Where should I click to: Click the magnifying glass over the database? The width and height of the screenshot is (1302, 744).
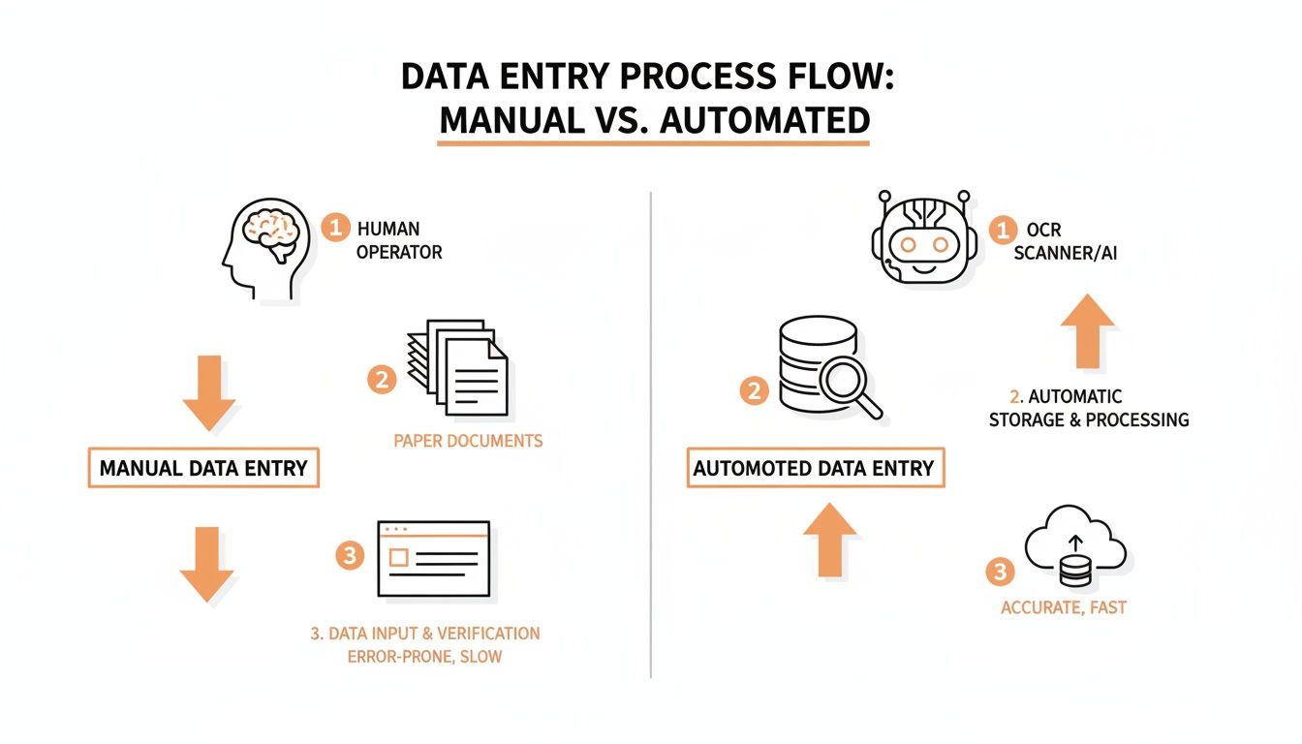pos(851,385)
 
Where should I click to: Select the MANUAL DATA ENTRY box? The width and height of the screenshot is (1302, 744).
pos(203,468)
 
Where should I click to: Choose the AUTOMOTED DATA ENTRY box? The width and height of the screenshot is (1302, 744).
pos(815,469)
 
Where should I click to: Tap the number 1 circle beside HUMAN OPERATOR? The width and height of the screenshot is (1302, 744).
pos(335,228)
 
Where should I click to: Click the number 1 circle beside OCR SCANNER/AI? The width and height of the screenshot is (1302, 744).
pos(1003,230)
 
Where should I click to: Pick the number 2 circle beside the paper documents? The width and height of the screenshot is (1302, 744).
pos(382,380)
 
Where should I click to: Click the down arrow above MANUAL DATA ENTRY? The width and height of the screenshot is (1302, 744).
pos(208,391)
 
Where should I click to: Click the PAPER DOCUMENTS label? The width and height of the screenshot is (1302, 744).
pos(468,441)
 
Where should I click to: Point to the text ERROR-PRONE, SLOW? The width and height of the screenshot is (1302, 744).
pos(425,657)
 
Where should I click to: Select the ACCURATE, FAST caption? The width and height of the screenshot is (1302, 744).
pos(1064,608)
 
